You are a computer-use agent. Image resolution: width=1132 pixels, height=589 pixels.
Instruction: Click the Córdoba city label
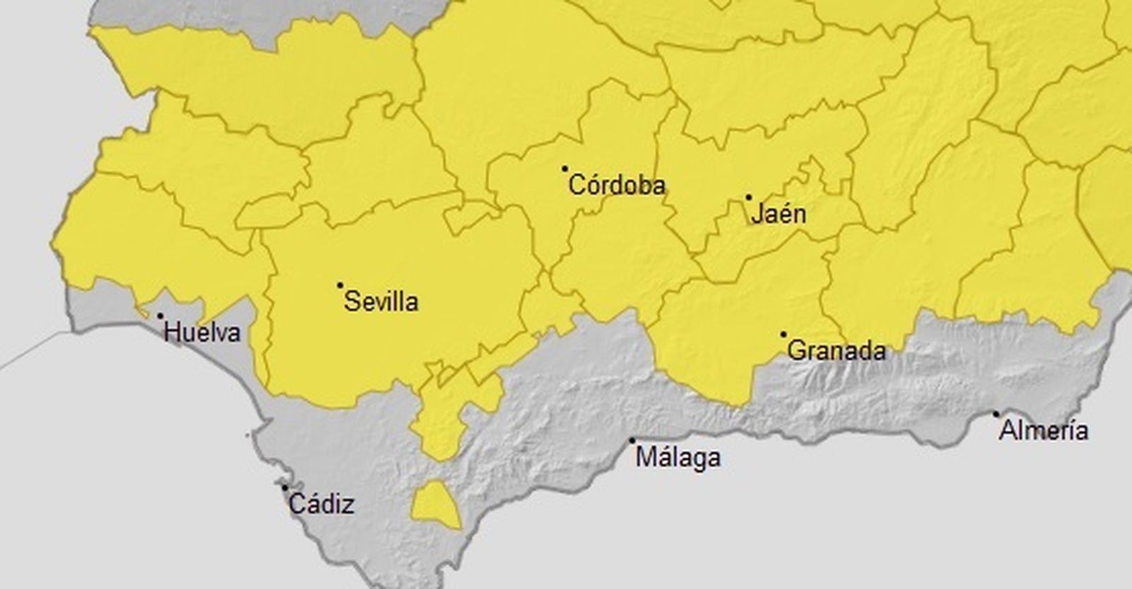point(617,185)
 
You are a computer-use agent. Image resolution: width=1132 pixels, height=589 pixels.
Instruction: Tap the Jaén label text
point(778,214)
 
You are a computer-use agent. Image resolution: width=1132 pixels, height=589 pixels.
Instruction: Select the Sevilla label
point(381,302)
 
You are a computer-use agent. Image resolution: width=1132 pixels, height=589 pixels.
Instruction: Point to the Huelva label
point(202,333)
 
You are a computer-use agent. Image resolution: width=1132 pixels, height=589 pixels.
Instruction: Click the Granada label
point(836,351)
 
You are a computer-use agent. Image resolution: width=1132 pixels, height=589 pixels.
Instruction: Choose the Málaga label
point(678,457)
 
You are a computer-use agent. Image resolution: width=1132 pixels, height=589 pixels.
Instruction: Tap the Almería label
point(1044,430)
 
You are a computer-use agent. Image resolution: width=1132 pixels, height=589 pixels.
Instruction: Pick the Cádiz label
point(322,505)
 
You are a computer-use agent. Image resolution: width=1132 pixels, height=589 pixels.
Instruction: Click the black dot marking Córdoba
point(565,168)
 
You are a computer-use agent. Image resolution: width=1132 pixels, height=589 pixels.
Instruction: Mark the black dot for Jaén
point(749,198)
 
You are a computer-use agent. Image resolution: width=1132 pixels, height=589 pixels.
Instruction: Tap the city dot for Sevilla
point(340,285)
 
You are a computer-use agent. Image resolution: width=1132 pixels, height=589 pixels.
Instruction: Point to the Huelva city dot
point(160,316)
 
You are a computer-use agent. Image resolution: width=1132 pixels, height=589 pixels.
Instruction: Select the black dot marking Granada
point(783,334)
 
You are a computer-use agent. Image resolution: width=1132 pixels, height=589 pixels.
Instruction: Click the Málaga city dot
point(632,440)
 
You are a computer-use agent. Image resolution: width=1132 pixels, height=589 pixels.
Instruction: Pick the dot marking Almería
point(996,413)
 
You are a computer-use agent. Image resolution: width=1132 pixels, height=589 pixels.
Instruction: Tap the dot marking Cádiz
point(284,488)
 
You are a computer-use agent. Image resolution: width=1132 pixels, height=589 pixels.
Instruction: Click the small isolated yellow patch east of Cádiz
point(435,503)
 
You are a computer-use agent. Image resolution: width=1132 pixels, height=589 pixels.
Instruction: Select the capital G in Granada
point(796,351)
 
